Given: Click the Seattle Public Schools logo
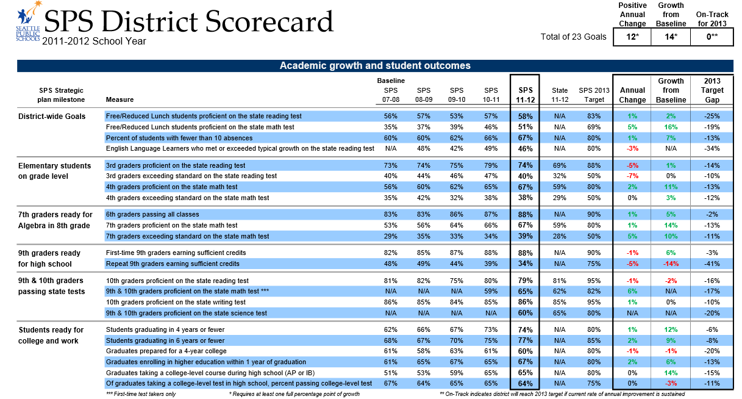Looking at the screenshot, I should [28, 22].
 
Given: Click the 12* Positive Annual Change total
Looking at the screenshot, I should [632, 37].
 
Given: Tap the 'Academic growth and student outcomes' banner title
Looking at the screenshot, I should [375, 66].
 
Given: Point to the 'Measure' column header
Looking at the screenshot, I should [120, 100].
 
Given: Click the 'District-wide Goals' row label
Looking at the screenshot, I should [52, 116].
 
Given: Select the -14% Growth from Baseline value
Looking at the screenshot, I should [671, 264].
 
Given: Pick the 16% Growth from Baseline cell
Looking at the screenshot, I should [671, 127].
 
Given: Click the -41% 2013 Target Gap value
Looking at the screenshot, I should [712, 264].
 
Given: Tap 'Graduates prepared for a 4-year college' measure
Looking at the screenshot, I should [166, 351].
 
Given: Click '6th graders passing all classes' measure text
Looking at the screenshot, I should [152, 215].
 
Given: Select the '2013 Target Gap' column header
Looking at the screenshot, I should [712, 90].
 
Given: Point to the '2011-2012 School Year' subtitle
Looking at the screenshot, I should [94, 41].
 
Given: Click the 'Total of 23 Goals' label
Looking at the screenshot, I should [573, 37].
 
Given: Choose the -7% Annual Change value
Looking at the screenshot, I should [632, 176].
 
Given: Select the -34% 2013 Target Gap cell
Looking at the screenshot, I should [712, 149].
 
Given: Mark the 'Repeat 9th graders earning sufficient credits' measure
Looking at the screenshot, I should [173, 264].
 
